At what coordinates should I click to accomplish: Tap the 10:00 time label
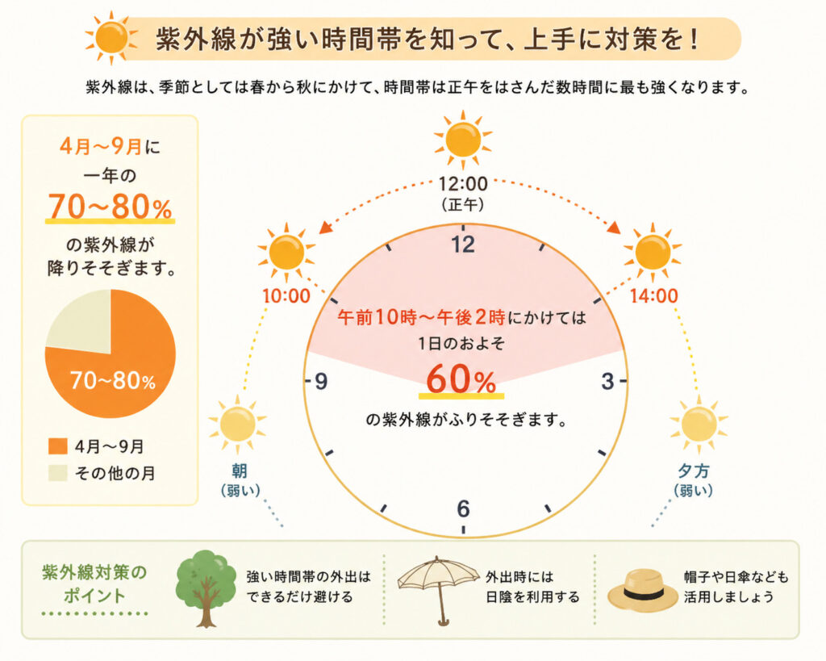click(x=286, y=296)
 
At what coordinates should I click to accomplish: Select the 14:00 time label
click(x=653, y=296)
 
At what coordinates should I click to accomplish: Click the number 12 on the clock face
click(x=463, y=245)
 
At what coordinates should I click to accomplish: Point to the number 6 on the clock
click(x=463, y=508)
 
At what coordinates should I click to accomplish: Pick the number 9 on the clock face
click(x=321, y=381)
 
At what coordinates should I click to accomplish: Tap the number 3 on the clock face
click(x=608, y=381)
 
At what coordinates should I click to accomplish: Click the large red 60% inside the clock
click(x=461, y=379)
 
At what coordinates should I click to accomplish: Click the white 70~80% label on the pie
click(x=113, y=380)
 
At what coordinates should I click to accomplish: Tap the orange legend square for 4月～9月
click(x=58, y=446)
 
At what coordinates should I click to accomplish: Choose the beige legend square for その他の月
click(x=58, y=473)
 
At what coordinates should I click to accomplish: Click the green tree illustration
click(x=206, y=588)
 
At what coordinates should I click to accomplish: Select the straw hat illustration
click(x=643, y=590)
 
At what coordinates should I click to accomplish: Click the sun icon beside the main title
click(x=111, y=38)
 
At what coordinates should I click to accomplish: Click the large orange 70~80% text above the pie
click(x=110, y=206)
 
